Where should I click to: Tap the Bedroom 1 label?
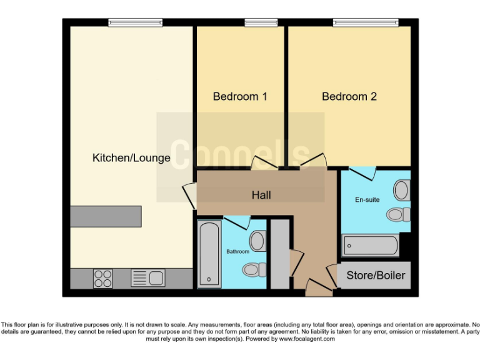240,97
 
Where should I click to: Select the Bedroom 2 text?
349,97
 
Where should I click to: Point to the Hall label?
261,196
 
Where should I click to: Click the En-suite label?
368,200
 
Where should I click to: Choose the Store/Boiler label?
376,276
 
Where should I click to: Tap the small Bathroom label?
237,252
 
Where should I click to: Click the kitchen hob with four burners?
103,278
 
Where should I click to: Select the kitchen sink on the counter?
148,278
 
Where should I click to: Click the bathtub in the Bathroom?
209,254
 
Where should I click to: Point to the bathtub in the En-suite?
371,246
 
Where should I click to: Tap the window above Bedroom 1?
261,23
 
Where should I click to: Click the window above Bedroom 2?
366,23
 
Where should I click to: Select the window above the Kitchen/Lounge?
135,23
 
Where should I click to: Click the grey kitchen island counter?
106,216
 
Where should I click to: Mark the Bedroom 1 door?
265,164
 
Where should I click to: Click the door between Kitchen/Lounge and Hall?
189,195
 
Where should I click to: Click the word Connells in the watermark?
241,155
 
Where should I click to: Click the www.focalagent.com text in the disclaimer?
307,339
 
